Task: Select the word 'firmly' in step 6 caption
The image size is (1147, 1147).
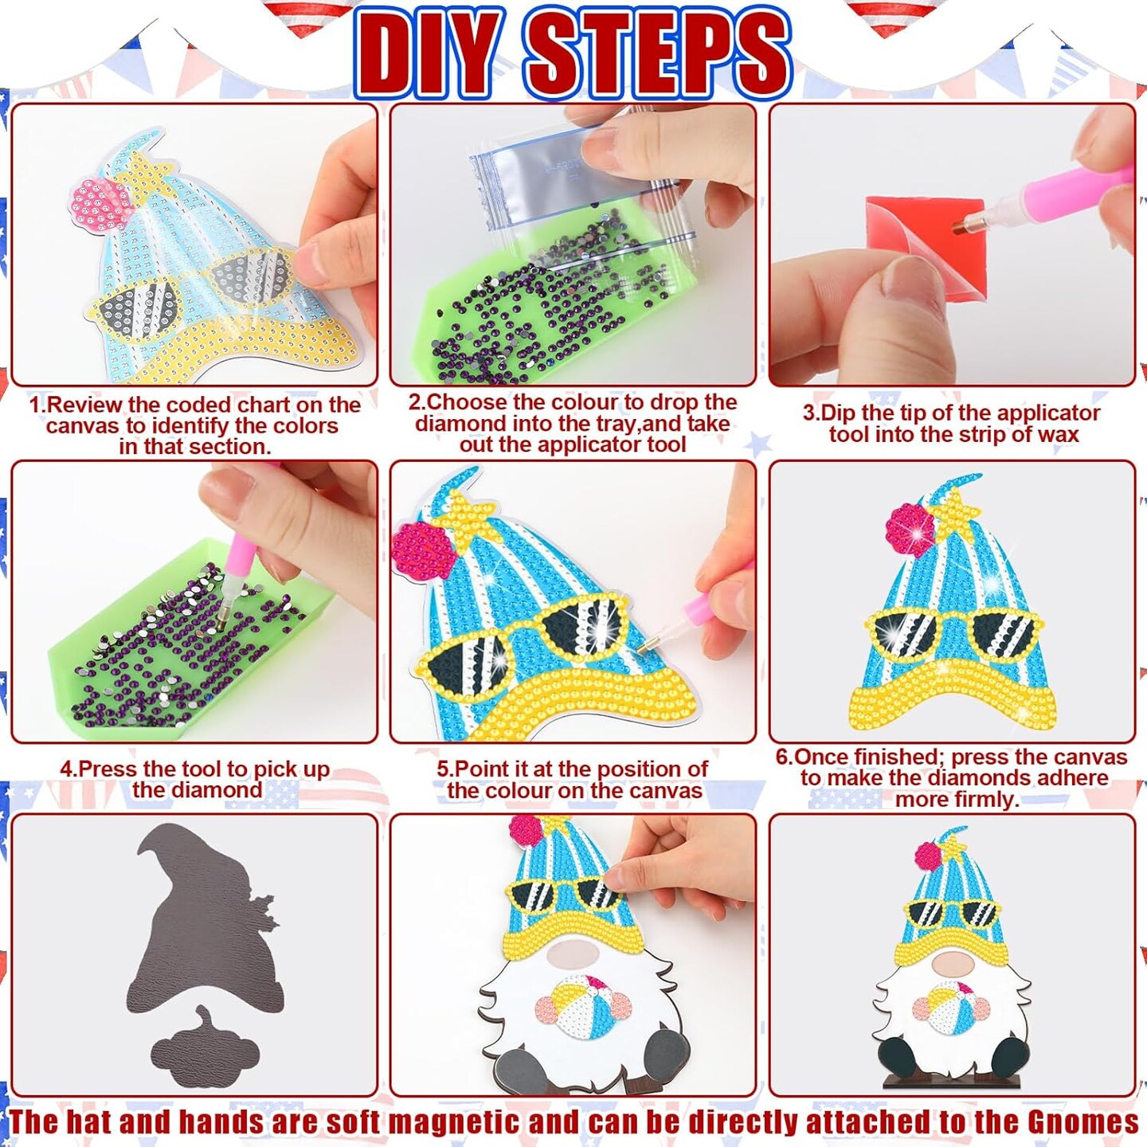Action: point(985,800)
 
